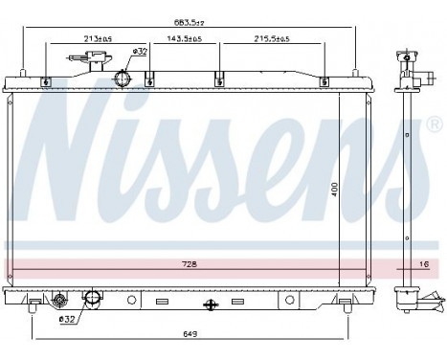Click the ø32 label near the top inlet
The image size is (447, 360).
click(x=139, y=50)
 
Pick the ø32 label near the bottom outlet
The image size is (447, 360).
click(x=66, y=320)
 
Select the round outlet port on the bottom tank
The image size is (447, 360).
click(x=93, y=301)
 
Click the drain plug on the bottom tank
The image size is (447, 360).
click(x=59, y=301)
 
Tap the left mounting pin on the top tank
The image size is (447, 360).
click(x=21, y=70)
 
